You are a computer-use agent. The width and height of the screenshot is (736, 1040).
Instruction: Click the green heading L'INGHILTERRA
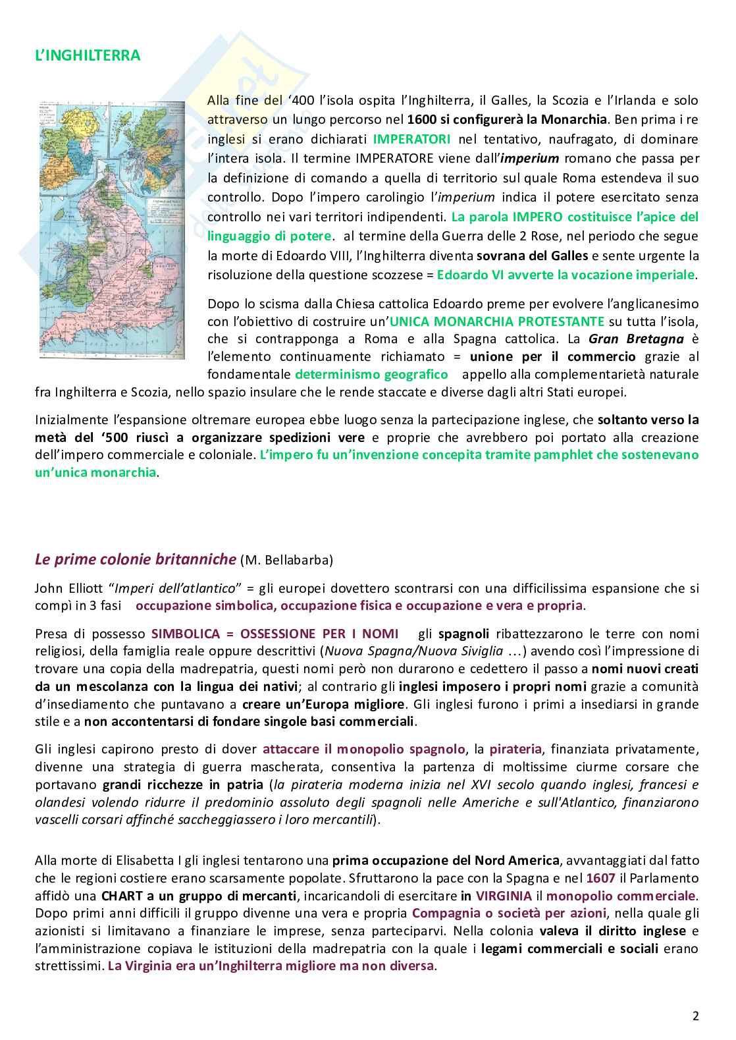tap(88, 55)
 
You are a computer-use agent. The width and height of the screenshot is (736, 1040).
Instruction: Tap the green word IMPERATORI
tap(412, 139)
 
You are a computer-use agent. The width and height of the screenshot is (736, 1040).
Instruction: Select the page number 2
tap(695, 1015)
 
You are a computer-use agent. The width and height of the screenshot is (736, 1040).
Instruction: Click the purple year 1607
tap(600, 878)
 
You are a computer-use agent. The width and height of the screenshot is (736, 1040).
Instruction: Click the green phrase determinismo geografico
tap(371, 375)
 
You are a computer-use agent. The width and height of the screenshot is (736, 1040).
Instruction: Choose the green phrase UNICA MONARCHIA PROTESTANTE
tap(496, 321)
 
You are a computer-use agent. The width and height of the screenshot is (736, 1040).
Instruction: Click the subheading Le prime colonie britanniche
tap(135, 559)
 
